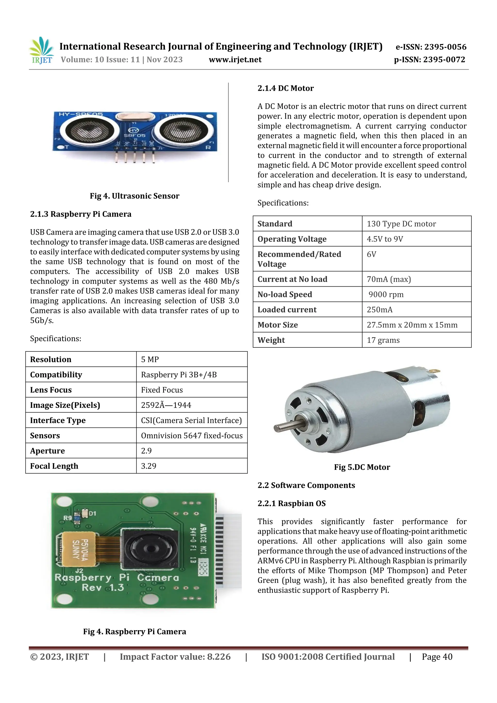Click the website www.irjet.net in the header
pyautogui.click(x=235, y=60)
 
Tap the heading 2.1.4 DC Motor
pyautogui.click(x=285, y=89)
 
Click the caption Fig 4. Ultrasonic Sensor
pyautogui.click(x=134, y=196)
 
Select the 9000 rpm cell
pyautogui.click(x=386, y=295)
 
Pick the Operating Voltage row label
pyautogui.click(x=292, y=239)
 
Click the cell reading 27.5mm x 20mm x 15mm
pyautogui.click(x=412, y=325)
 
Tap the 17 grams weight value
pyautogui.click(x=383, y=340)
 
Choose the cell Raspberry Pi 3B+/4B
pyautogui.click(x=179, y=375)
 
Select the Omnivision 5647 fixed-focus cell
pyautogui.click(x=192, y=436)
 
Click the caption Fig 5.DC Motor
pyautogui.click(x=362, y=467)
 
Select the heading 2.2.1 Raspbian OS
pyautogui.click(x=291, y=504)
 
